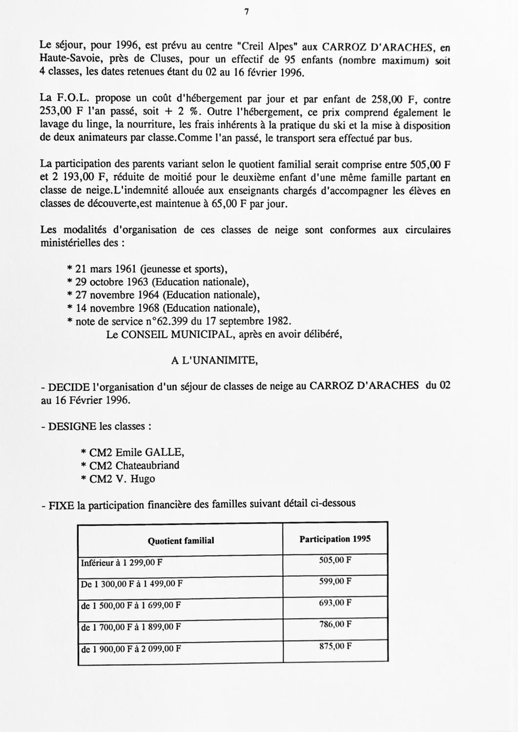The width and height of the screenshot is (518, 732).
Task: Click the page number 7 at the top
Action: [x=247, y=13]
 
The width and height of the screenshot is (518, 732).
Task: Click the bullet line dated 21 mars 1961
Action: [x=147, y=269]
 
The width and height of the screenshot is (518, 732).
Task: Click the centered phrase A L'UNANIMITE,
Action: [x=215, y=361]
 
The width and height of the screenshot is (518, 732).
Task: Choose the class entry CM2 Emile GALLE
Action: [x=132, y=452]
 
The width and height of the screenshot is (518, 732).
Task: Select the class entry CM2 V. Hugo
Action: [x=118, y=478]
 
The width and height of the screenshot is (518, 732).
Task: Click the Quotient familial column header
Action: [x=181, y=540]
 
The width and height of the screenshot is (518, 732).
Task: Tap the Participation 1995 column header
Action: [x=335, y=539]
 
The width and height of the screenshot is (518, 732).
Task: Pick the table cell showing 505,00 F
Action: [x=335, y=560]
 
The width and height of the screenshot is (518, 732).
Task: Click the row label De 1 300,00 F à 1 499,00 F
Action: [x=132, y=584]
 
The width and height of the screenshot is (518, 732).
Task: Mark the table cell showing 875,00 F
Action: [x=335, y=646]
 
